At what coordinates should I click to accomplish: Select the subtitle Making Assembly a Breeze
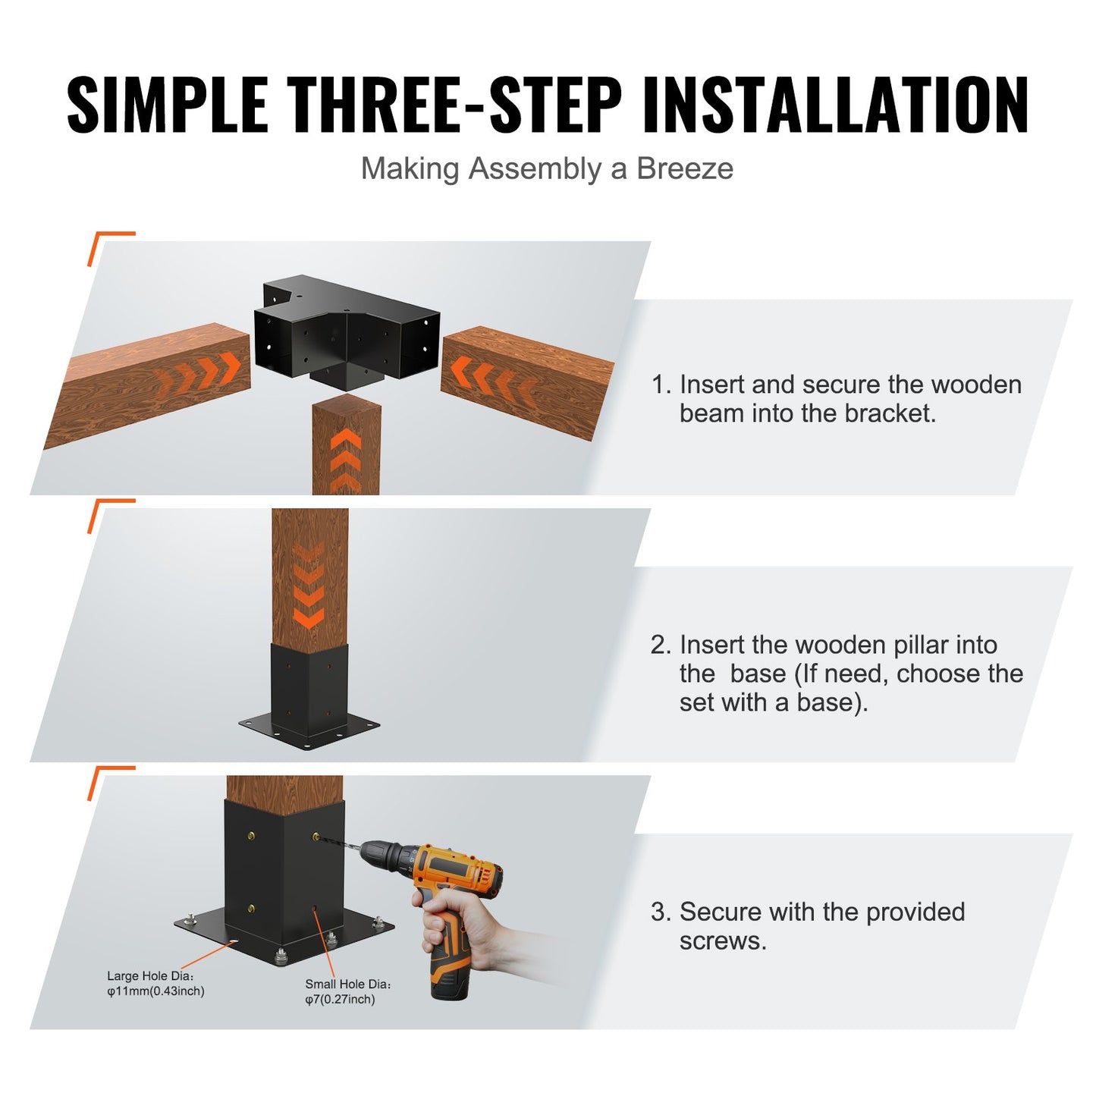pyautogui.click(x=547, y=168)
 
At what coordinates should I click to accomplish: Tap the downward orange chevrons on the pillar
pyautogui.click(x=308, y=588)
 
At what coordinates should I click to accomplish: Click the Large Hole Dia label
pyautogui.click(x=149, y=976)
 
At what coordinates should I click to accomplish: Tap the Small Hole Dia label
pyautogui.click(x=347, y=985)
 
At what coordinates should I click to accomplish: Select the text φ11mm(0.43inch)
pyautogui.click(x=155, y=991)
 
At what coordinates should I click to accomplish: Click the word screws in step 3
pyautogui.click(x=721, y=941)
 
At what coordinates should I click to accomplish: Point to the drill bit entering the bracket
pyautogui.click(x=338, y=842)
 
